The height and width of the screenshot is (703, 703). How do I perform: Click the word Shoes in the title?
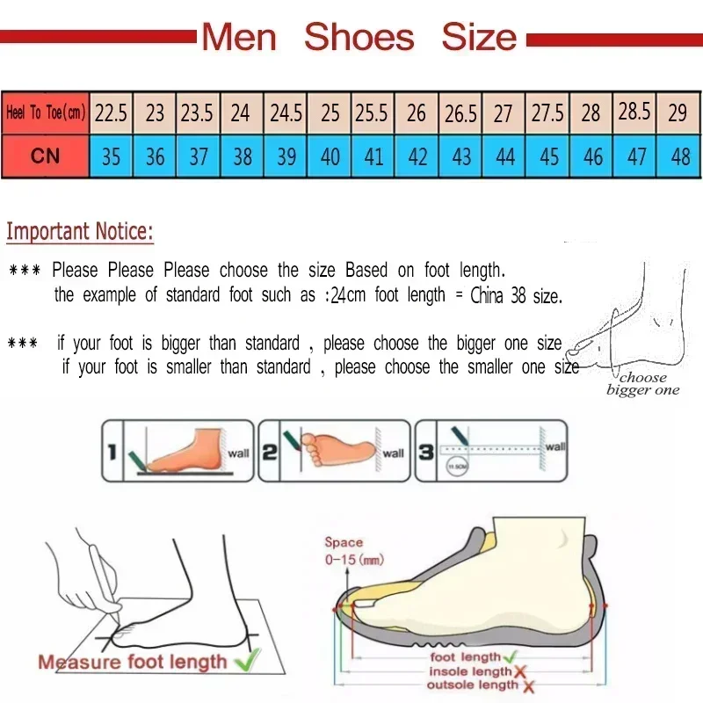(x=359, y=37)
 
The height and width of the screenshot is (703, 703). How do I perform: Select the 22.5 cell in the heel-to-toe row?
(x=111, y=112)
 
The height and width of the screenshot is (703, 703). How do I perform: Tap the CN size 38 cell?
(x=242, y=156)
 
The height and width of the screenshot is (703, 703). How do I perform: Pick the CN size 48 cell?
(x=679, y=156)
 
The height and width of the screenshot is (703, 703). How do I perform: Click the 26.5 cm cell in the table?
(x=460, y=112)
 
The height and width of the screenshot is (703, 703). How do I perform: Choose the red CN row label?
(x=45, y=156)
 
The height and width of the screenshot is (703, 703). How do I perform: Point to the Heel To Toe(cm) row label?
(x=45, y=112)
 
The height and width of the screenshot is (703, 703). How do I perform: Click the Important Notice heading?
(x=80, y=232)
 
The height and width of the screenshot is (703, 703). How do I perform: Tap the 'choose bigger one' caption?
(x=642, y=384)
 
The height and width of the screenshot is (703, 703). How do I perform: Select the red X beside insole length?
(x=518, y=671)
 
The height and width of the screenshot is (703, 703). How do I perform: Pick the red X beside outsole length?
(x=527, y=686)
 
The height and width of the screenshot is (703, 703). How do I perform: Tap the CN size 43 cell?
(x=460, y=156)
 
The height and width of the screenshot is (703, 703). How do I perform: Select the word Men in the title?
(x=239, y=37)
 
